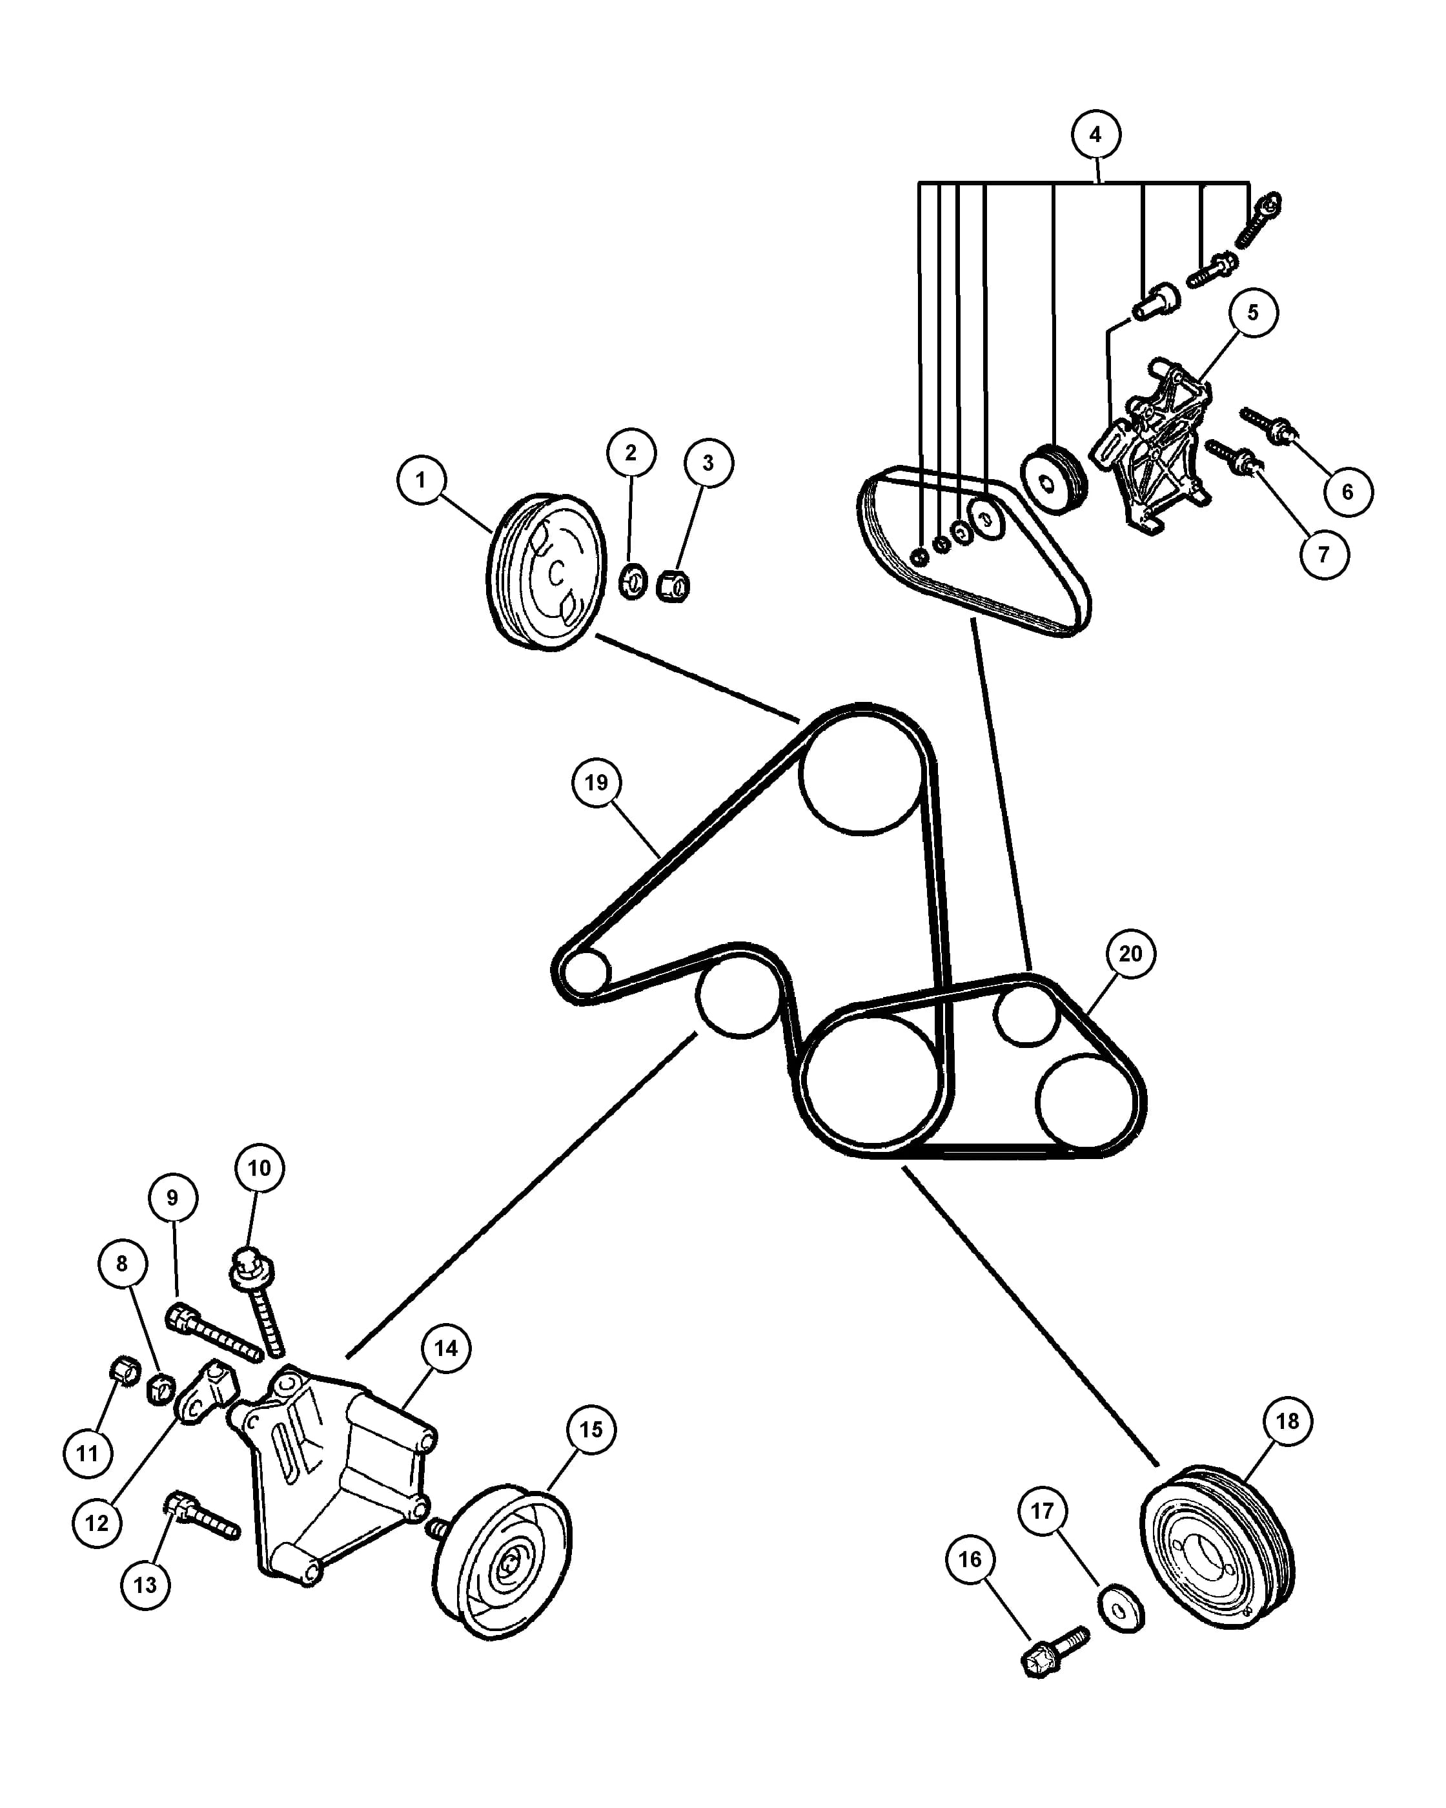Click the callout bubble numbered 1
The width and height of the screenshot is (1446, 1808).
coord(421,480)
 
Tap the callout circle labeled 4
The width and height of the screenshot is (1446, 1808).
coord(1095,134)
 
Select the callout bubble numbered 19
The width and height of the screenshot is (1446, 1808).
coord(596,783)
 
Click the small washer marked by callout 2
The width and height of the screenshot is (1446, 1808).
coord(633,581)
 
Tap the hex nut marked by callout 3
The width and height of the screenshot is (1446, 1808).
coord(672,585)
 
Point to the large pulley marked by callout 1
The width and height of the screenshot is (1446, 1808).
coord(547,571)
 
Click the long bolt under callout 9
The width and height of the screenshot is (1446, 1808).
coord(216,1333)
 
